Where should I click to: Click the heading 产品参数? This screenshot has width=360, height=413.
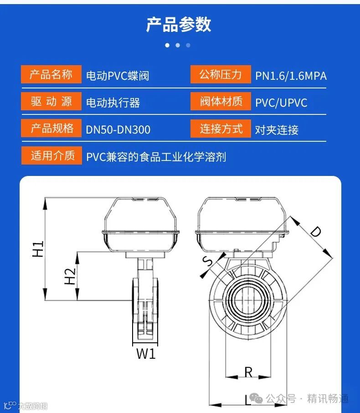coord(179,25)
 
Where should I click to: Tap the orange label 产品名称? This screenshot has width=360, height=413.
coord(51,74)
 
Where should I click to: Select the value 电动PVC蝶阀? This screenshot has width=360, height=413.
coord(118,76)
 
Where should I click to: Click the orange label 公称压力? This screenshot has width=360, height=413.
coord(221,74)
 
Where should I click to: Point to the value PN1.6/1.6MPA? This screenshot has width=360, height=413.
coord(291,76)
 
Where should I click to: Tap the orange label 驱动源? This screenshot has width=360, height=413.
coord(51,101)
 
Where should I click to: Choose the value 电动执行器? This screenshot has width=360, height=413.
coord(113,103)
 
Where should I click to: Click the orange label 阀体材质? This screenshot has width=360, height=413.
coord(221,101)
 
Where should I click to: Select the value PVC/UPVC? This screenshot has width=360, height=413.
coord(281,103)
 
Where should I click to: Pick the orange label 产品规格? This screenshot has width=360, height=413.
coord(51,128)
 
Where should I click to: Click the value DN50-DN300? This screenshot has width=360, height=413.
coord(118,129)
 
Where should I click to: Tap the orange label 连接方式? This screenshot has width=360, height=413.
coord(221,129)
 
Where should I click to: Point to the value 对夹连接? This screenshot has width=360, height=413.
coord(277,130)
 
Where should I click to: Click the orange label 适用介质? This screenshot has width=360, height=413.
coord(51,155)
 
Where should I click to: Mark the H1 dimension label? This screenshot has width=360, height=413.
coord(38,249)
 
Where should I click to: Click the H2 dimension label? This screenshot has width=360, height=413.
coord(70,276)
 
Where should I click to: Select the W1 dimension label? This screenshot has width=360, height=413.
coord(146,353)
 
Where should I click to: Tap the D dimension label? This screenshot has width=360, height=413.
coord(315,232)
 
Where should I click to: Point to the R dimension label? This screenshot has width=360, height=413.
coord(248,372)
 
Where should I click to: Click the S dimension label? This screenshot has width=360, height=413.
coord(208,261)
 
